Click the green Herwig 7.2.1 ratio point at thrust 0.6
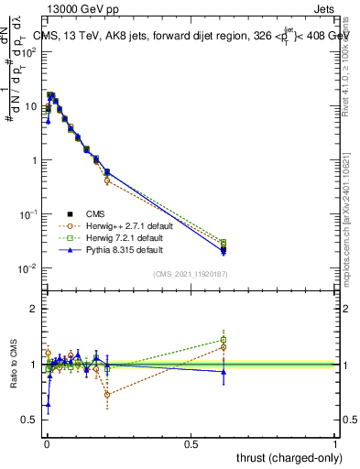[223, 340]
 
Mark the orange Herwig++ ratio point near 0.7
[108, 395]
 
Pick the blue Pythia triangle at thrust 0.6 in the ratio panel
[223, 371]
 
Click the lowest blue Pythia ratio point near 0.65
[48, 404]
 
